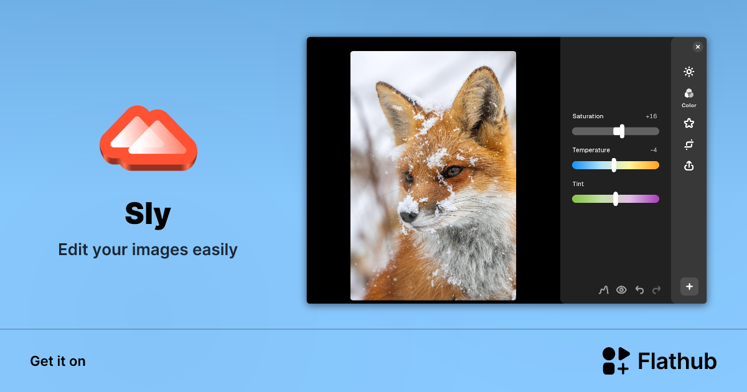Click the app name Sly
pos(148,215)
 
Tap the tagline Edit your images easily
pos(148,250)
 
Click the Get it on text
pos(58,362)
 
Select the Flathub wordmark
pos(677,362)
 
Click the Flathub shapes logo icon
pos(616,361)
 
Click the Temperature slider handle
pos(614,165)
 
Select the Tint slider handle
pos(616,198)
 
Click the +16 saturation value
pos(651,116)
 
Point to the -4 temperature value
pos(653,150)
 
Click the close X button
pos(697,47)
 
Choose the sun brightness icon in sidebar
pos(688,72)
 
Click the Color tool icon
pos(688,94)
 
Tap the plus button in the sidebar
pos(689,287)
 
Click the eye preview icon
pos(621,289)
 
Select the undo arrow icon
pos(639,289)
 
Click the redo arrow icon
pos(657,289)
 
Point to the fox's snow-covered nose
pos(408,215)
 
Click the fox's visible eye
pos(453,170)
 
